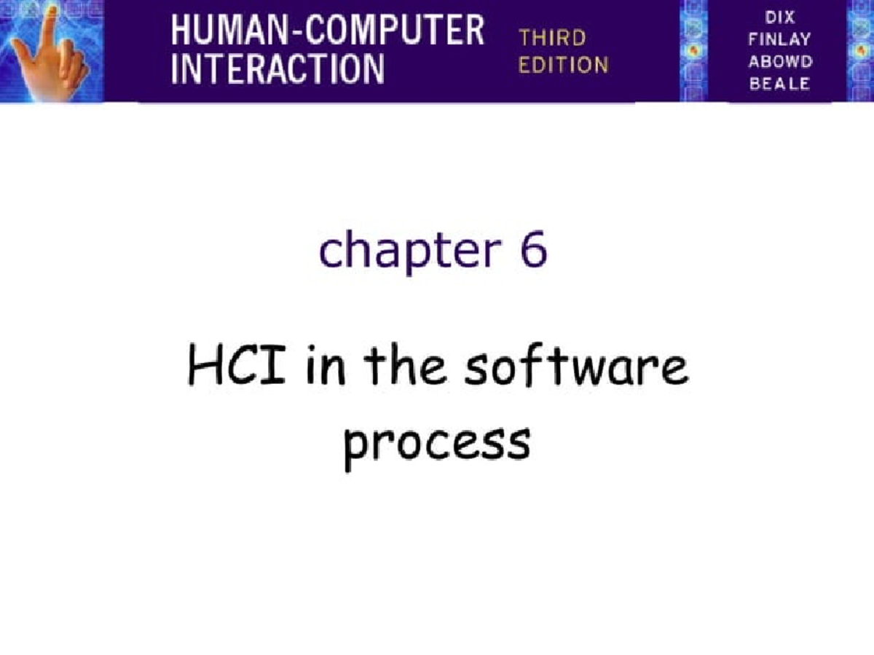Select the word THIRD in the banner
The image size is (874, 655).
click(x=551, y=38)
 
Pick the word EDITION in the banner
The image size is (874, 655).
click(x=563, y=65)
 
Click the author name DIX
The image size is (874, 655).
click(x=779, y=17)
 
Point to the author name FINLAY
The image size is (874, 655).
click(x=779, y=39)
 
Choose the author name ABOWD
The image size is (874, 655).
click(x=779, y=61)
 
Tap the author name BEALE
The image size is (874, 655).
click(x=779, y=83)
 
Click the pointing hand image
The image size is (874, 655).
click(x=51, y=51)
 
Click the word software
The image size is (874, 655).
click(x=576, y=368)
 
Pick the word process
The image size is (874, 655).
click(x=436, y=441)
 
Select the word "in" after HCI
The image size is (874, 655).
click(x=328, y=368)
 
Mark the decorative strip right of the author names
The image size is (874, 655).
click(x=859, y=51)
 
